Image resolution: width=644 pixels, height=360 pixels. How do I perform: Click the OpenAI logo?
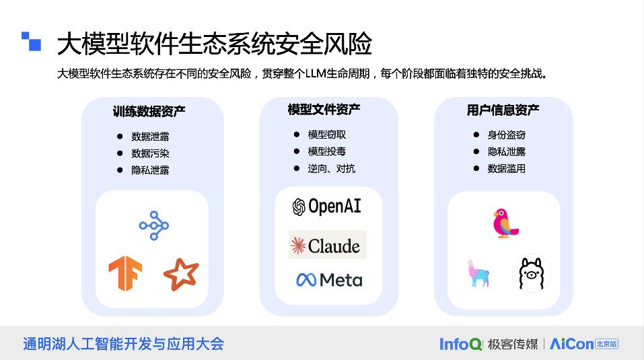pos(326,207)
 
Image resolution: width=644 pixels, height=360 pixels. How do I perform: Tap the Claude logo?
pos(328,246)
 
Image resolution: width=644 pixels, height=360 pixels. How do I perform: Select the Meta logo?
pos(328,279)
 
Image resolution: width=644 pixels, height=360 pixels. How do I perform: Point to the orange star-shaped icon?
pos(181,274)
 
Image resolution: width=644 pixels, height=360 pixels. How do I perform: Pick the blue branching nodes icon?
pos(154,225)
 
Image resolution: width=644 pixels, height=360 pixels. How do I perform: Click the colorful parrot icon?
pos(504,223)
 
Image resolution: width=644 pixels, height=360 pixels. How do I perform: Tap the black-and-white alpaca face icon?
pos(532,273)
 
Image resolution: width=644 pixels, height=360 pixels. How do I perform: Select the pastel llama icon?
pos(478,273)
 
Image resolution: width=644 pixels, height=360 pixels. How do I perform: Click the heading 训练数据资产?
pos(149,112)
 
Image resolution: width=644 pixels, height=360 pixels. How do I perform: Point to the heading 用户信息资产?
pos(503,110)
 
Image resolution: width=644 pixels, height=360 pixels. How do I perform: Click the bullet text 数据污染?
pos(150,153)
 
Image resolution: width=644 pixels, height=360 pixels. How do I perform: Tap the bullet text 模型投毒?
pos(327,151)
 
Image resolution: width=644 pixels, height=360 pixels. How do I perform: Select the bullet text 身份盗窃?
pos(506,135)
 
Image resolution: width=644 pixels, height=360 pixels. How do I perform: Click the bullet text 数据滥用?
pos(506,168)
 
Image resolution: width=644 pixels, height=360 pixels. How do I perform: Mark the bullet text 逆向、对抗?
pos(331,168)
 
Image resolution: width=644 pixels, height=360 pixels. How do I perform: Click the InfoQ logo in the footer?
pos(461,344)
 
